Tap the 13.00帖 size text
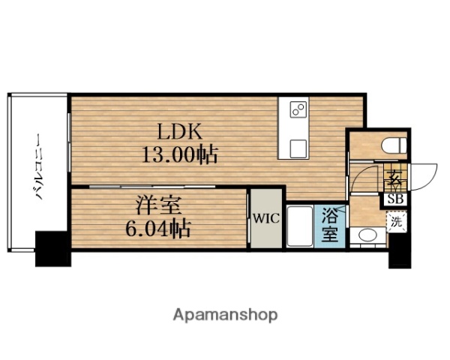[180, 155]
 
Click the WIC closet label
[265, 219]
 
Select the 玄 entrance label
[394, 181]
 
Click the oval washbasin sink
[367, 236]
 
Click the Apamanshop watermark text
[225, 314]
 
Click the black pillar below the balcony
[52, 249]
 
